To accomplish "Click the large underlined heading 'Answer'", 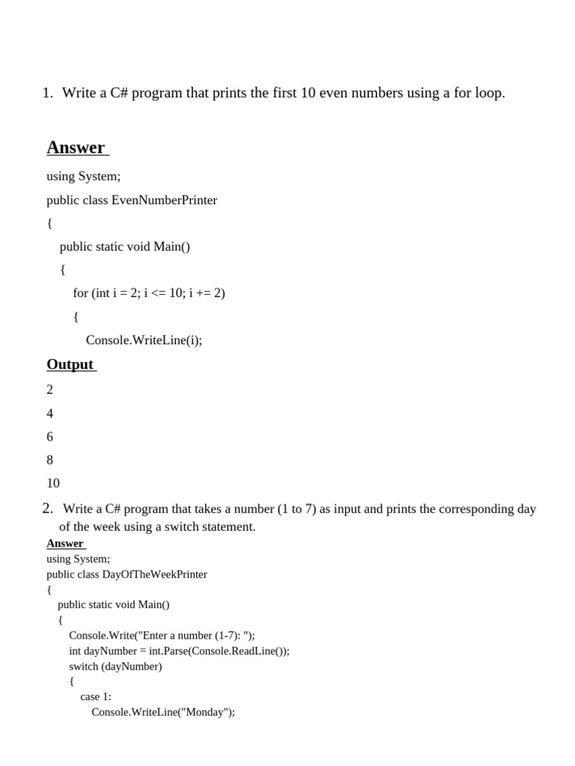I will [76, 147].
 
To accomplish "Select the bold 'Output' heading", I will [70, 364].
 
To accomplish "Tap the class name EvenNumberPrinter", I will [164, 200].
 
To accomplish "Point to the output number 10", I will [52, 482].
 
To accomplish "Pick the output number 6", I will [50, 436].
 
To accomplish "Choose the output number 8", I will [50, 459].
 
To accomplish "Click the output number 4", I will [50, 413].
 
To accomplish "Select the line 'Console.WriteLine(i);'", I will [144, 340].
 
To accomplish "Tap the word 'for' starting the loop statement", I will [81, 292].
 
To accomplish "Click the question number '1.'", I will [48, 93].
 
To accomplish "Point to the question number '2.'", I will [48, 509].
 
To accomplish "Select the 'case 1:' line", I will [96, 696].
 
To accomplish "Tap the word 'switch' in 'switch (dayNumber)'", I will [83, 665].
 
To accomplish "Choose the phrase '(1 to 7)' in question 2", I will [296, 509].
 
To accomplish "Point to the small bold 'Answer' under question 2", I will [65, 543].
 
